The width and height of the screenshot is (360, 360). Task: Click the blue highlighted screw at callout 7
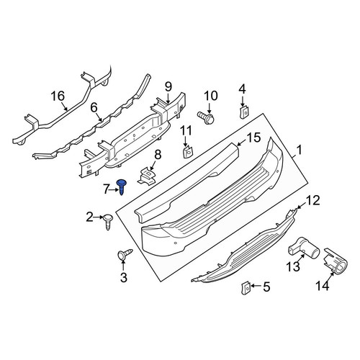tap(122, 187)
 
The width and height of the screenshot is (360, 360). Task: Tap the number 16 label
tap(58, 96)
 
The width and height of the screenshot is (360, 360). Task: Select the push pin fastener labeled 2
tap(108, 222)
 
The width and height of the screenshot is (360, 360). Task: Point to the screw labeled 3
tap(125, 253)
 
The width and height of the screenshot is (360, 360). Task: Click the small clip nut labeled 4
tap(244, 112)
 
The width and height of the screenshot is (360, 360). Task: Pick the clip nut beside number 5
tap(246, 288)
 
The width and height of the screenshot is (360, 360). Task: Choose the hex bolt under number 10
tap(205, 117)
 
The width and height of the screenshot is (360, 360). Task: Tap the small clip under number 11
tap(188, 152)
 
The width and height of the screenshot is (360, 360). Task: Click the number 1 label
tap(299, 150)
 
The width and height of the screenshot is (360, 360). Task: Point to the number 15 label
tap(253, 138)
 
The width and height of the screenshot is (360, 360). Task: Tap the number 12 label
tap(312, 200)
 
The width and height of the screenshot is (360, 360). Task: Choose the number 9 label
tap(168, 86)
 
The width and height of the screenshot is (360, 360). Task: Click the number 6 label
tap(94, 108)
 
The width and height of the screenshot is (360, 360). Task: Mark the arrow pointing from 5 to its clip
tap(256, 286)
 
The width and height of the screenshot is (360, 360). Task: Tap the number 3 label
tap(123, 278)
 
